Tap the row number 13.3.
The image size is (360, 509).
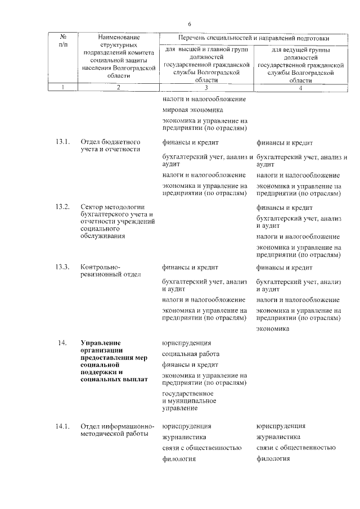coord(63,267)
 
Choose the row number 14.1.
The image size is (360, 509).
coord(63,426)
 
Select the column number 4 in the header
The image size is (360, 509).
coord(300,87)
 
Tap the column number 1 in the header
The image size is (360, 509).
coord(63,87)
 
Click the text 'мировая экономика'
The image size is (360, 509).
coord(192,110)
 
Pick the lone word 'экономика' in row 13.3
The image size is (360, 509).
coord(273,330)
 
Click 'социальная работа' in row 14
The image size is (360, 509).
coord(191,354)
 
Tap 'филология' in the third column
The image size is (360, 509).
coord(179,459)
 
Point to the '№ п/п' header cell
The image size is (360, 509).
coord(63,40)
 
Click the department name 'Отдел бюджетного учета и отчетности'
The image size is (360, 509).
coord(110,146)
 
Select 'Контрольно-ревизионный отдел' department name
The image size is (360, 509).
coord(110,271)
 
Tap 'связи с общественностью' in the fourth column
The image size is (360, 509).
coord(295,448)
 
